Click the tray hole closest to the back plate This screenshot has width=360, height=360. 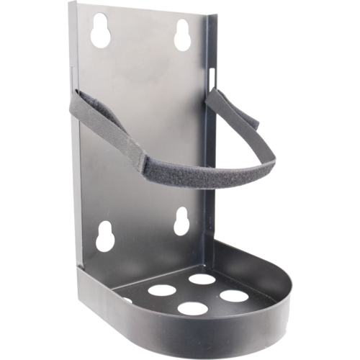pyautogui.click(x=203, y=279)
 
